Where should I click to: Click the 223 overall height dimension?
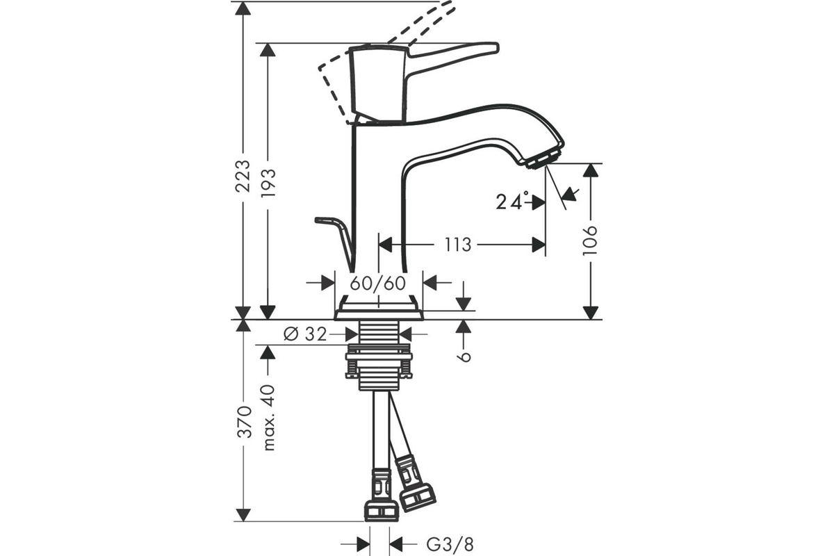[243, 175]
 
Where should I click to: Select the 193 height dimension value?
[268, 183]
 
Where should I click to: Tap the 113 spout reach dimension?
[458, 245]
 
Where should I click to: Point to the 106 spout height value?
[590, 240]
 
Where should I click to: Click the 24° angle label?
[512, 201]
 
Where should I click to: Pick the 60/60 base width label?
[377, 284]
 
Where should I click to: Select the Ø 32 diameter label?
[305, 334]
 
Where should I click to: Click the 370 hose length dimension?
[245, 422]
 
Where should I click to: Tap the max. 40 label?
[268, 418]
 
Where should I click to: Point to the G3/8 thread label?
[450, 544]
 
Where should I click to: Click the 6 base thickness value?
[465, 357]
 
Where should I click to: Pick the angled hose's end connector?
[415, 484]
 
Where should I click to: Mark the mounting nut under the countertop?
[379, 361]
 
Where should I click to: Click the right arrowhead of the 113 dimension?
[539, 245]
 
